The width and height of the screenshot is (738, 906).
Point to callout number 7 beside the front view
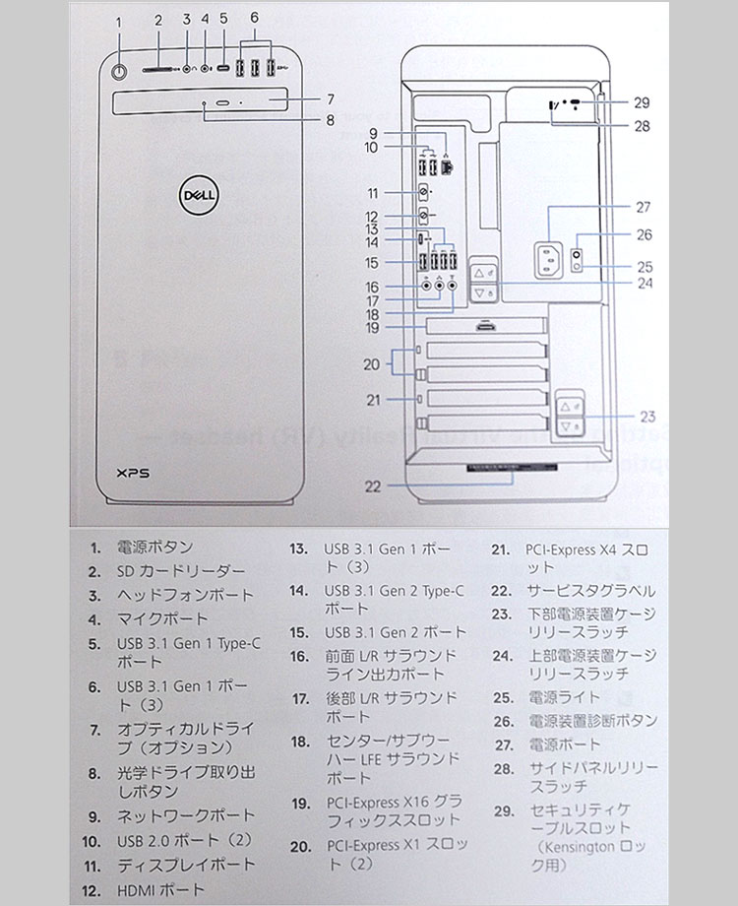[331, 99]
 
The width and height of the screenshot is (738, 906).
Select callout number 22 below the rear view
[371, 485]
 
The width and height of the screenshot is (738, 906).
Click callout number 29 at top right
[642, 101]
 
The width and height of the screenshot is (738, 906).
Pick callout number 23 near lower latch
[646, 416]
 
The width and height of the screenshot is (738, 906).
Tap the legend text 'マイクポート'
[162, 619]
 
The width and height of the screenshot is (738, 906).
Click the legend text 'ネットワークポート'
[186, 816]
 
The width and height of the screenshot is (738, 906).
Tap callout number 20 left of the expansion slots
[371, 364]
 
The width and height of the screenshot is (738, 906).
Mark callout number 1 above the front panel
[119, 21]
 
